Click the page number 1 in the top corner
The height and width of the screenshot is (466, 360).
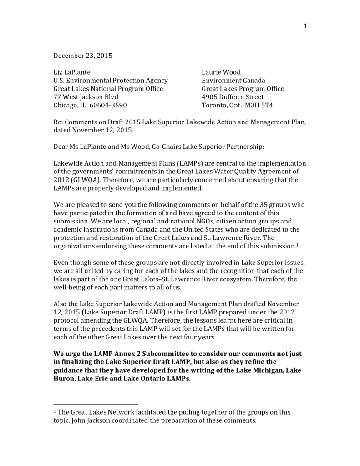click(x=305, y=26)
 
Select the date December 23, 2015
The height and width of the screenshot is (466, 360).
click(x=83, y=56)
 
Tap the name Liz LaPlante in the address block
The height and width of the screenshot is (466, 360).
click(x=72, y=72)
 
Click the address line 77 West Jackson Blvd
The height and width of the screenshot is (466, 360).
click(x=86, y=97)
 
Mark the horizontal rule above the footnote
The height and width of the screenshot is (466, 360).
click(x=96, y=404)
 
